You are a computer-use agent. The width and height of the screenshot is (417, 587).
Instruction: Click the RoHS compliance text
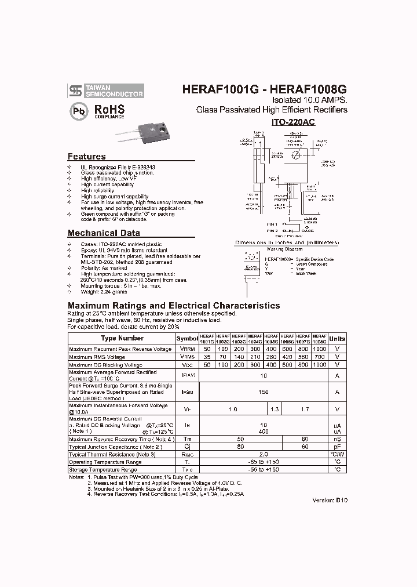coord(109,110)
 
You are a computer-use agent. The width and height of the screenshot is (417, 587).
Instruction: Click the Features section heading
coord(87,157)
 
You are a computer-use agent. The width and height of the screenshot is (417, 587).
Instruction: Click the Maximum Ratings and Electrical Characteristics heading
coord(174,305)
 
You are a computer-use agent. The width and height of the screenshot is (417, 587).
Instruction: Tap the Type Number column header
coord(122,338)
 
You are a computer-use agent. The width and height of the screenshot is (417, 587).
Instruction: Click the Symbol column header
coord(187,339)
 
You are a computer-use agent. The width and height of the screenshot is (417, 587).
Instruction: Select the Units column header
coord(336,339)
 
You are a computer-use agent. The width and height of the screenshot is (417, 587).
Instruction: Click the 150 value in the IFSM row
coord(264,392)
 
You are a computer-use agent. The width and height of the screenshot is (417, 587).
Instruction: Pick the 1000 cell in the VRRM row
coord(320,349)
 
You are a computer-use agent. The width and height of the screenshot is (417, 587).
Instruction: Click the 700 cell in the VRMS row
coord(320,357)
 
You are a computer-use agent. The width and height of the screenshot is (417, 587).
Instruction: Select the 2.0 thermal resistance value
coord(264,454)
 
